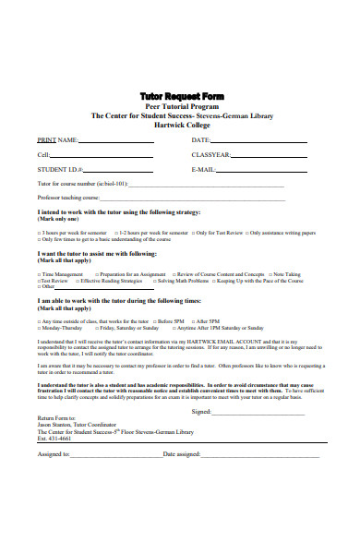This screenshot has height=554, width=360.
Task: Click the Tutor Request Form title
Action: (x=180, y=96)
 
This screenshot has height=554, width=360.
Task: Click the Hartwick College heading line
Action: (x=180, y=125)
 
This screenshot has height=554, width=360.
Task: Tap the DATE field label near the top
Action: (x=201, y=140)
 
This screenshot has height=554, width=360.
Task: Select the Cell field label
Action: (x=43, y=155)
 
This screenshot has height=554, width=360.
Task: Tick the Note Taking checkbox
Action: (x=268, y=274)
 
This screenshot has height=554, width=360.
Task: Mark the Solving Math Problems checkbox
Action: (x=151, y=281)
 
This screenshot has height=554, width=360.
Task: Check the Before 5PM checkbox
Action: (x=152, y=320)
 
